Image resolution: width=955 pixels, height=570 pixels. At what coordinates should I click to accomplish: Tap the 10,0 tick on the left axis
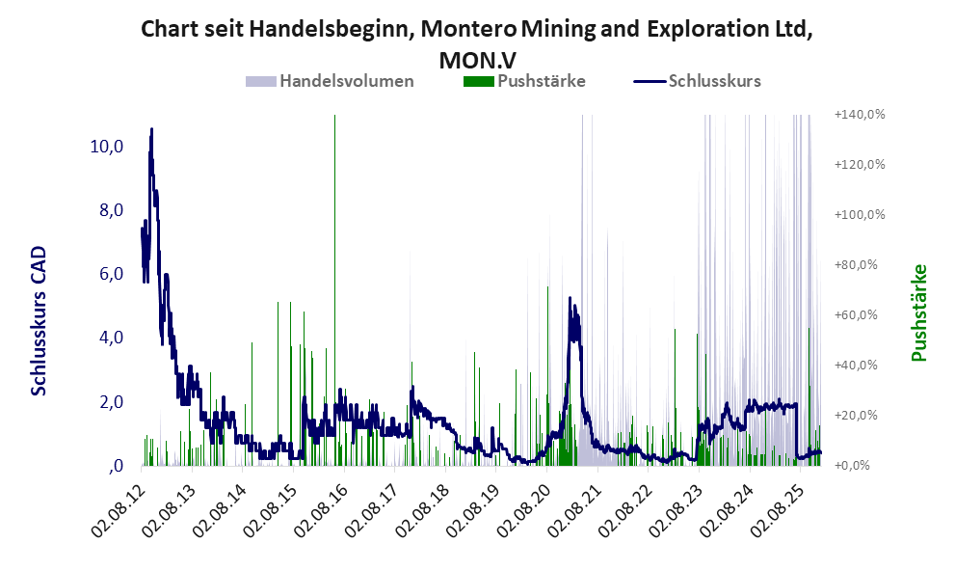(x=105, y=147)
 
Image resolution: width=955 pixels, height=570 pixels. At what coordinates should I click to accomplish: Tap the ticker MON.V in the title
(x=476, y=59)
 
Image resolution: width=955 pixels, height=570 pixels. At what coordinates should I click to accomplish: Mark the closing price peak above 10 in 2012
(x=151, y=129)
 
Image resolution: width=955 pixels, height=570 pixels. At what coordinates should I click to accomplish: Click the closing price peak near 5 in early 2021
(x=570, y=298)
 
